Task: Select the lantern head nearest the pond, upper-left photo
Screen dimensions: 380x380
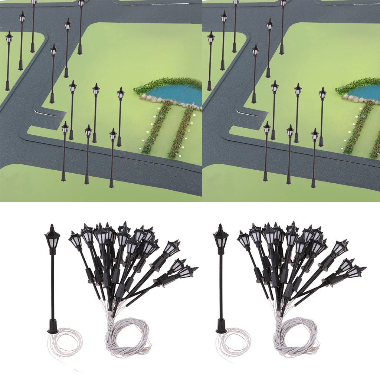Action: point(121,93)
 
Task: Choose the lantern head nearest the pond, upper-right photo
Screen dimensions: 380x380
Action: point(322,93)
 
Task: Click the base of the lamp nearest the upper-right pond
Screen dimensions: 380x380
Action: point(321,143)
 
